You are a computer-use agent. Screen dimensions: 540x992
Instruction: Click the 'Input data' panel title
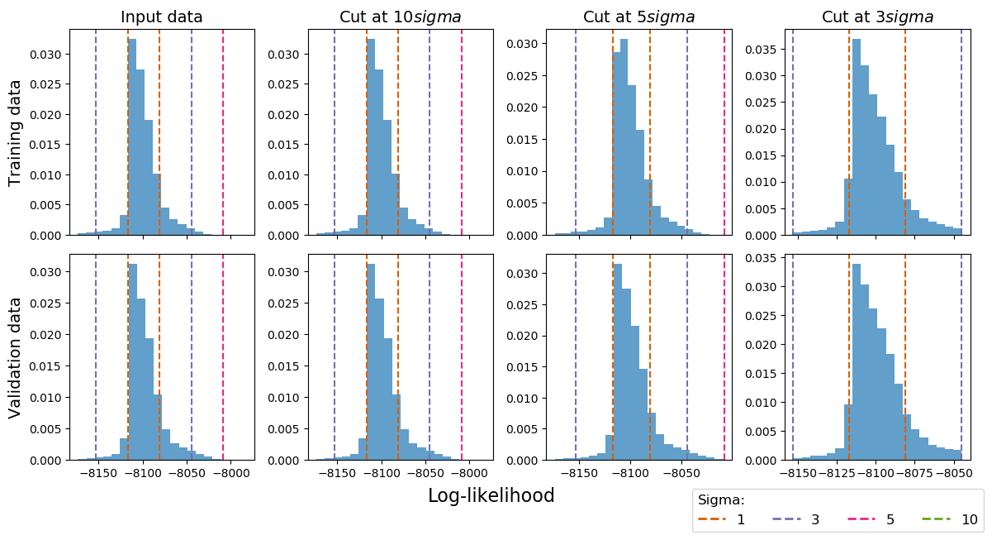pos(162,17)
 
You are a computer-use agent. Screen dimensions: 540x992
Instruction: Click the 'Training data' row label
pos(15,132)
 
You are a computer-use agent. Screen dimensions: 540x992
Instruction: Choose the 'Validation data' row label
pos(15,357)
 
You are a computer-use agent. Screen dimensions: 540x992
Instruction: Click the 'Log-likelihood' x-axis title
pos(491,495)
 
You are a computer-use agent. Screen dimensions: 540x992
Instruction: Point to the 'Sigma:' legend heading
pos(721,500)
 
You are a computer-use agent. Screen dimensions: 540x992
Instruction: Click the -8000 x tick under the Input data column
pos(230,475)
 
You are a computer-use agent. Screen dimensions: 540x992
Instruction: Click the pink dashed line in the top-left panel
pos(223,132)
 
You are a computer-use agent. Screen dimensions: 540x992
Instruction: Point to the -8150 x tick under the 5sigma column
pos(578,475)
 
